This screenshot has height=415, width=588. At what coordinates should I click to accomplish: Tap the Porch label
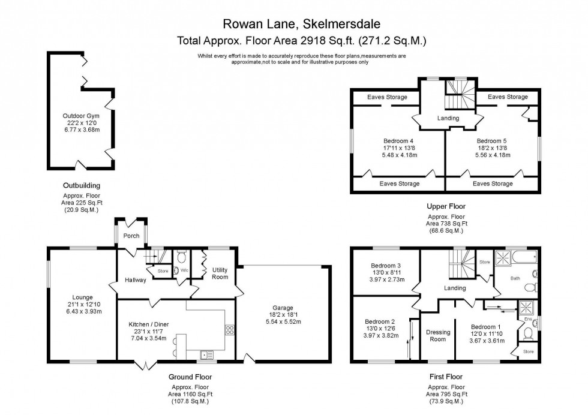131,236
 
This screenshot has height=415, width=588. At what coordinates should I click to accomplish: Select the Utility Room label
220,273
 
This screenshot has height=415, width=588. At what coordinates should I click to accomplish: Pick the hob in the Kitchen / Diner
229,329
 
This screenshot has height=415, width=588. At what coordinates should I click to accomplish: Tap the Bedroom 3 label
385,266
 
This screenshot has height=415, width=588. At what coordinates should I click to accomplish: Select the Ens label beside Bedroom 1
527,319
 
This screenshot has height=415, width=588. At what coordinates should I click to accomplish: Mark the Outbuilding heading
82,186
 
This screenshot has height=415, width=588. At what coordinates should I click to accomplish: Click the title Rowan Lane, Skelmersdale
301,24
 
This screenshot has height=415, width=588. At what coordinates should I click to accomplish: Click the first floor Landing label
455,288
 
